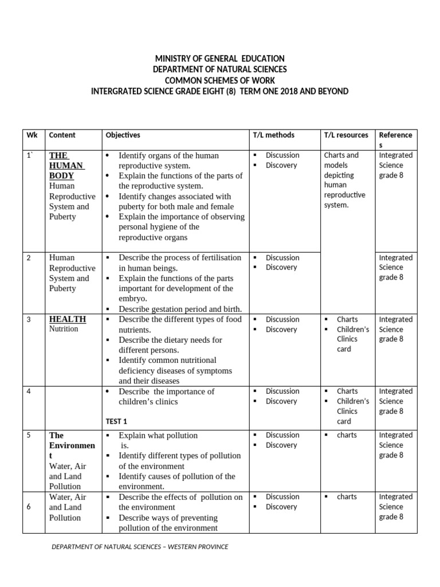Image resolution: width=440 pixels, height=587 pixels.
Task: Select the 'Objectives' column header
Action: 123,135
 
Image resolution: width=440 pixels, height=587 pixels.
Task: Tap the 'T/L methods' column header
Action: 273,135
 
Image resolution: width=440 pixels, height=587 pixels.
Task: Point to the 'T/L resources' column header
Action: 345,135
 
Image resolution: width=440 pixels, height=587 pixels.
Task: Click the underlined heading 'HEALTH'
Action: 68,319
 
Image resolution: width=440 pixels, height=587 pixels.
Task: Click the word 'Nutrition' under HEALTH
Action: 64,329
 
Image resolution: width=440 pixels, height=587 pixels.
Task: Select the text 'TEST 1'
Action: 116,421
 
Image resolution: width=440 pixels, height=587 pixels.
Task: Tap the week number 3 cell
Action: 29,320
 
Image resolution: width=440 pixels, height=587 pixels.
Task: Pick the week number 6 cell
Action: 29,507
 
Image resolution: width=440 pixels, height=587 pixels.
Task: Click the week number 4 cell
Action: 29,392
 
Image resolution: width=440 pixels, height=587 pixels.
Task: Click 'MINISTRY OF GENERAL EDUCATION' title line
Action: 219,59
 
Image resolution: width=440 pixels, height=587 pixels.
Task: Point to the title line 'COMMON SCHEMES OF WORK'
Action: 219,81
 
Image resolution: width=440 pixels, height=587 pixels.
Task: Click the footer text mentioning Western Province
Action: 140,547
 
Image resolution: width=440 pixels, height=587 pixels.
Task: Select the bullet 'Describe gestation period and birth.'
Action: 180,309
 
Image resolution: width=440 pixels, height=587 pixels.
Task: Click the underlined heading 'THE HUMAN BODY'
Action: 67,165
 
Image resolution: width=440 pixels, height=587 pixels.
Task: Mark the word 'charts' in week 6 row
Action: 347,497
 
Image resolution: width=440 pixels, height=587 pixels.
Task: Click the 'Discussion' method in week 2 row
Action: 282,258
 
